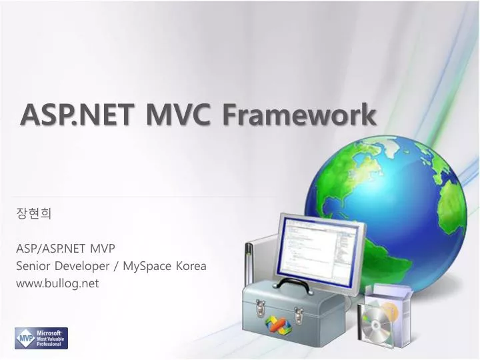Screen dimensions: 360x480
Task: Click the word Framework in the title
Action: pyautogui.click(x=299, y=115)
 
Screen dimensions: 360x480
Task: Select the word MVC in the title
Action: pyautogui.click(x=174, y=115)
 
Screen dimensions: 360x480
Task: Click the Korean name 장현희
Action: pyautogui.click(x=33, y=214)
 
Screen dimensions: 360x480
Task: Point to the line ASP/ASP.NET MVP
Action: pyautogui.click(x=65, y=248)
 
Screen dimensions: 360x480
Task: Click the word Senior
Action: pyautogui.click(x=33, y=265)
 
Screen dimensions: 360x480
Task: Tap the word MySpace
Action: pyautogui.click(x=150, y=266)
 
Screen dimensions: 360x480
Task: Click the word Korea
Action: pyautogui.click(x=191, y=265)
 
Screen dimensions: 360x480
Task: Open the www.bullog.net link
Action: pyautogui.click(x=57, y=283)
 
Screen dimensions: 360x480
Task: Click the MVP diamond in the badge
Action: pyautogui.click(x=25, y=338)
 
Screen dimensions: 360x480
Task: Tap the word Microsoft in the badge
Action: pyautogui.click(x=49, y=331)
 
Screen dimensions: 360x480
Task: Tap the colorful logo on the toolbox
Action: pyautogui.click(x=279, y=323)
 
